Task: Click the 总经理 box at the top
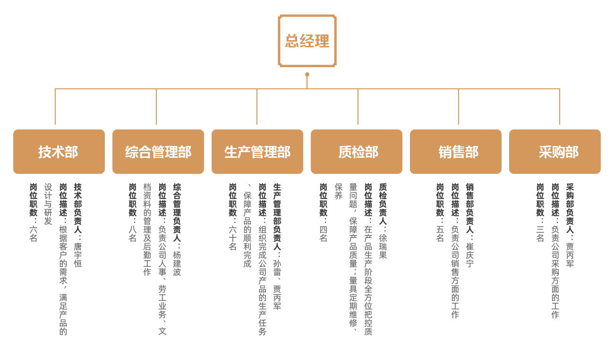[x=307, y=41]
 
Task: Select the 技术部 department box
[x=59, y=152]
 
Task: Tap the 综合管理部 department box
[x=158, y=152]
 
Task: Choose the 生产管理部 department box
[x=257, y=152]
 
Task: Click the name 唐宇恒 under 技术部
[x=78, y=255]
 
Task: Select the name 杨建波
[x=177, y=263]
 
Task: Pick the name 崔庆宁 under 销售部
[x=470, y=255]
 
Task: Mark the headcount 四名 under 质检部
[x=324, y=233]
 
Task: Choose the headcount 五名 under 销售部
[x=440, y=233]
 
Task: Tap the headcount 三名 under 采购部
[x=540, y=233]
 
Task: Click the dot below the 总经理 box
[x=307, y=74]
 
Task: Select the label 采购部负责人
[x=570, y=208]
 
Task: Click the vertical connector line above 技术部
[x=55, y=106]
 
